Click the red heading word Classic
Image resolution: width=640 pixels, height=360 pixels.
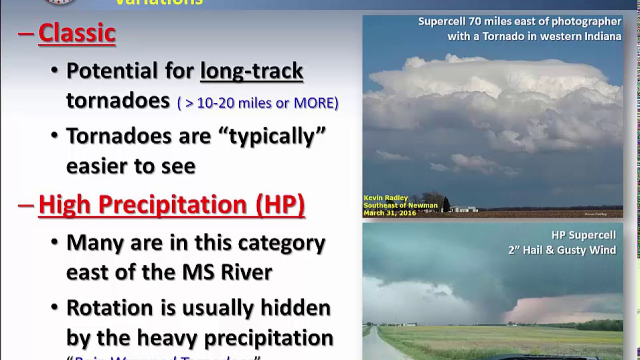point(77,33)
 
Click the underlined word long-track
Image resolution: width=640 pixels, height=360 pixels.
point(251,70)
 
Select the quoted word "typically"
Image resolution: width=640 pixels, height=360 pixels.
point(277,135)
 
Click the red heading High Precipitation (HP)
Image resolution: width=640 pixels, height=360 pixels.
point(171,204)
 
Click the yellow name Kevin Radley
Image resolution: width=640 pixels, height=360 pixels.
point(386,198)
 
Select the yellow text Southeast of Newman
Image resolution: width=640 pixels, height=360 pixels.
point(400,205)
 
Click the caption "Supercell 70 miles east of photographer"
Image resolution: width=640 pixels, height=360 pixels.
point(519,21)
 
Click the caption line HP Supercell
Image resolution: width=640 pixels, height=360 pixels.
point(583,235)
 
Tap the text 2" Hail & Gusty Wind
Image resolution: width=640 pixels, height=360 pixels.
point(562,250)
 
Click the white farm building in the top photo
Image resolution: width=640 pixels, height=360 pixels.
point(464,208)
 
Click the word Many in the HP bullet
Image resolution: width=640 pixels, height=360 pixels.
point(95,243)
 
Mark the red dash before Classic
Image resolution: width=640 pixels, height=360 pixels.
point(25,33)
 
